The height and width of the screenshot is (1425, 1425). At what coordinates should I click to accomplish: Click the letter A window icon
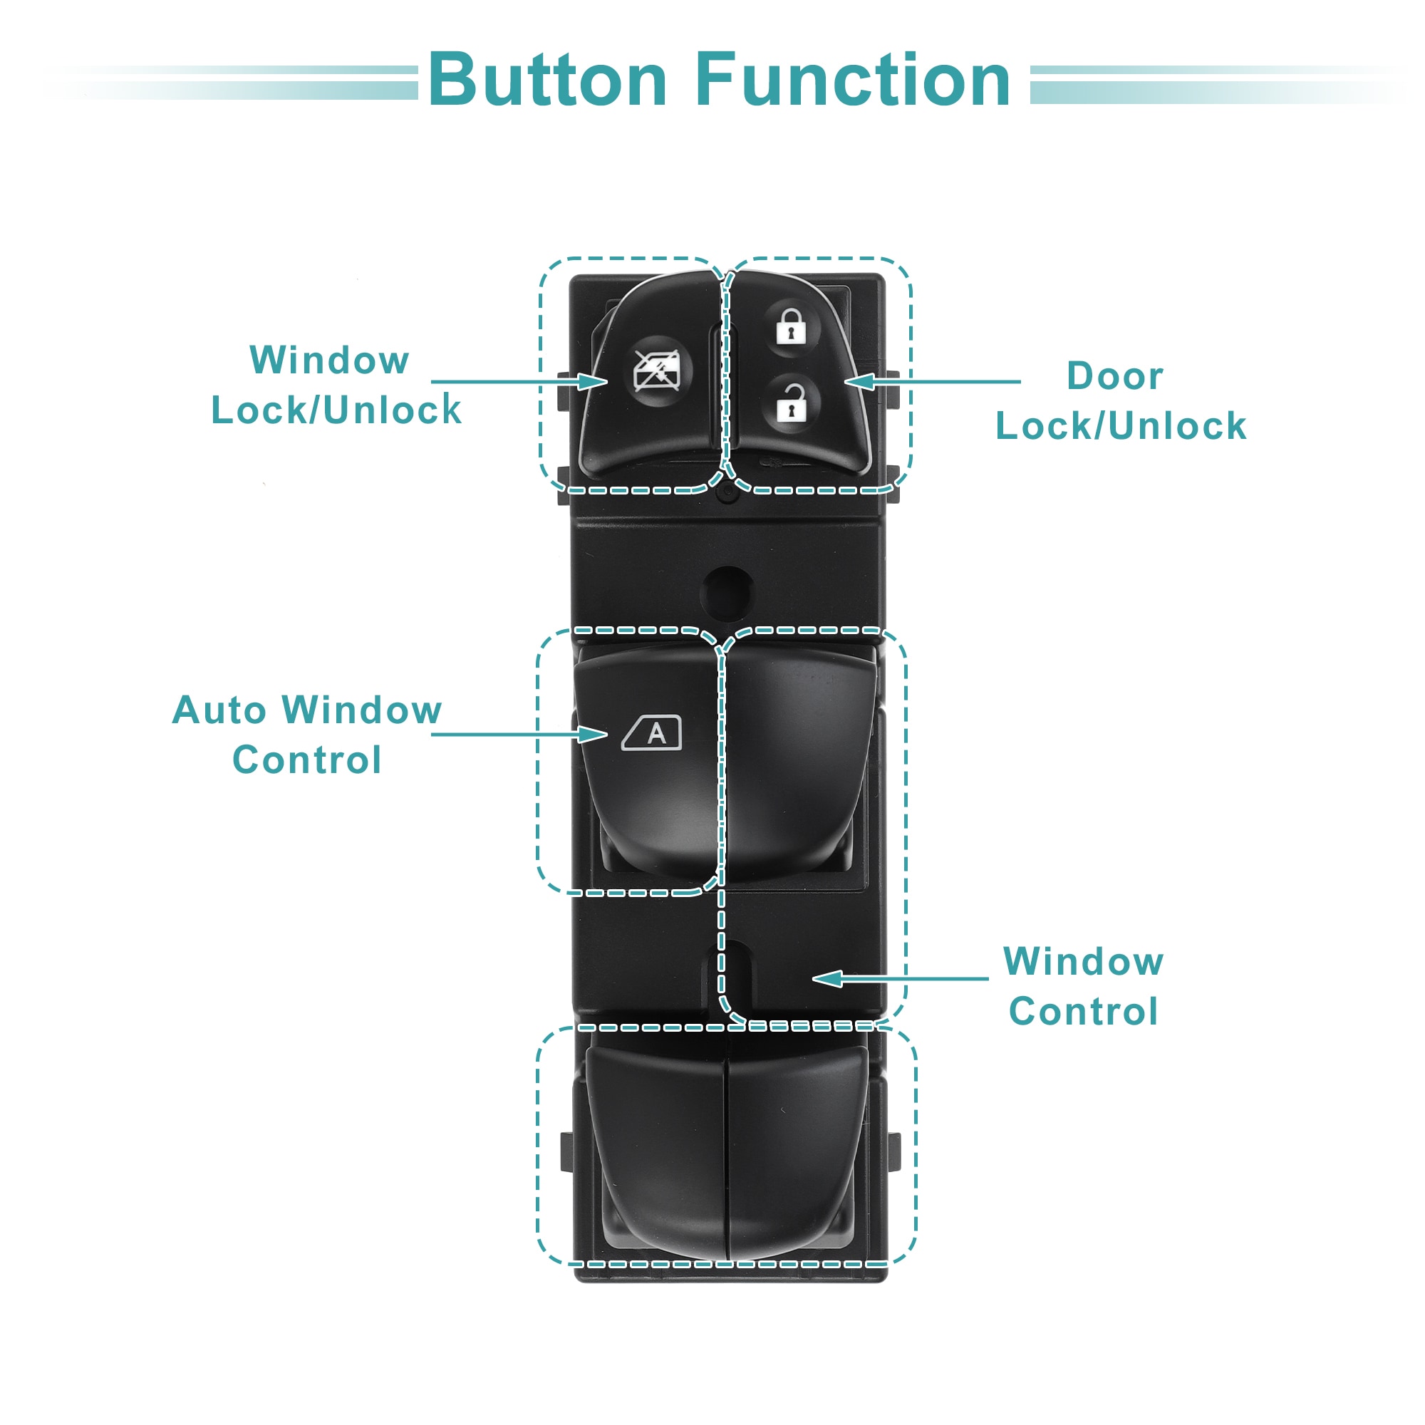click(652, 733)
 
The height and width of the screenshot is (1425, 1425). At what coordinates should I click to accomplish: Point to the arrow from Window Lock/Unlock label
click(519, 381)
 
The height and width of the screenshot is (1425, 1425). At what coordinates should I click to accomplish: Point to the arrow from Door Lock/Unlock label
click(932, 381)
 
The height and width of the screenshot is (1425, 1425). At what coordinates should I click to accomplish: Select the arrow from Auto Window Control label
click(519, 734)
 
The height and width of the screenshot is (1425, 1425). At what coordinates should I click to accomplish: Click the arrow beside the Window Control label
click(900, 979)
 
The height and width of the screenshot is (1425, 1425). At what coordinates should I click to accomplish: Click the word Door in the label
click(1114, 376)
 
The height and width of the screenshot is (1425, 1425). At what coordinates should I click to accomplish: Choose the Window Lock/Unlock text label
click(336, 385)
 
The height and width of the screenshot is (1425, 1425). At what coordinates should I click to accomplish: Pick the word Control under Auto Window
click(307, 760)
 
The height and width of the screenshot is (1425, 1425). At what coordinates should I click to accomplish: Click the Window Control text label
click(1083, 986)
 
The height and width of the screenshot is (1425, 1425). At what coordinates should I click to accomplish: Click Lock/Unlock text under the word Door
click(1121, 426)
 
